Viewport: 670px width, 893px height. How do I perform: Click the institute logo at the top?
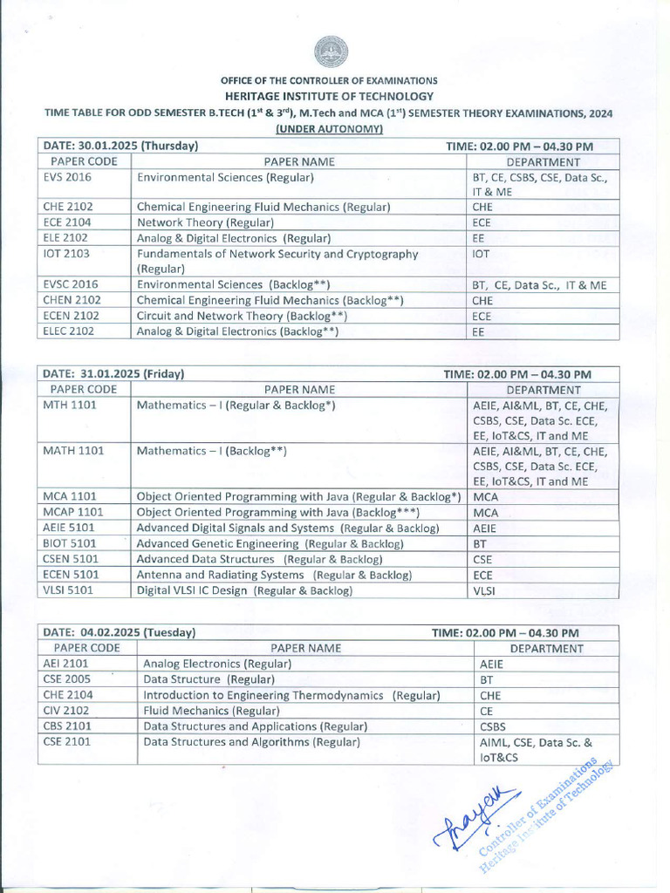pos(331,53)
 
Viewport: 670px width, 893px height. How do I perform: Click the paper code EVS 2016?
pos(67,177)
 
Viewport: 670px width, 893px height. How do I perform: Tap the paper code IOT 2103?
pos(65,254)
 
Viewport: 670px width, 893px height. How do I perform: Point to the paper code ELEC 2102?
pos(68,331)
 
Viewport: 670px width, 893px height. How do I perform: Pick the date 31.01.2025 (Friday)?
pos(113,374)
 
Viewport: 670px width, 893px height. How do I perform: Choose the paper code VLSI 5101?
pos(68,590)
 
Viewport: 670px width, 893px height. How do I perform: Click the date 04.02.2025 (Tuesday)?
pos(119,632)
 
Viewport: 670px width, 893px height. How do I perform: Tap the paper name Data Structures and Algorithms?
pos(251,742)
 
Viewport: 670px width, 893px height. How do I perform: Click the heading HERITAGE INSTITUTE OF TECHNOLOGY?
pos(327,96)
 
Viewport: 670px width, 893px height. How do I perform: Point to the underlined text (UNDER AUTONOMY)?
pos(330,128)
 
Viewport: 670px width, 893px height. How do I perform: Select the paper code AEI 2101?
pos(65,664)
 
